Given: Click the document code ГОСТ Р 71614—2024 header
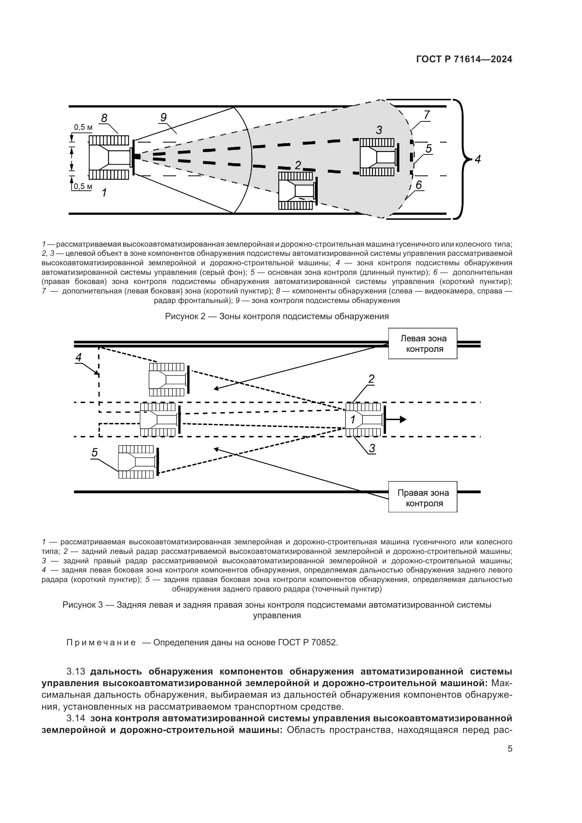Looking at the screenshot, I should [464, 59].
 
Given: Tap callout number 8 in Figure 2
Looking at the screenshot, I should [104, 118].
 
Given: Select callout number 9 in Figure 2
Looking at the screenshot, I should [163, 117].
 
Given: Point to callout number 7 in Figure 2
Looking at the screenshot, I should [426, 115].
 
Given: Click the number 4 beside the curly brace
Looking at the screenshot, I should [477, 159].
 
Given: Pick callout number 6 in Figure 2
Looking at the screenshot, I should [419, 185].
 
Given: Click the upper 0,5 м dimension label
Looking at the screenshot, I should [83, 127].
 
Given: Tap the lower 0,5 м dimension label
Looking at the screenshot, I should [83, 186].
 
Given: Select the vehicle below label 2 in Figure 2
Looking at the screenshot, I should [297, 190].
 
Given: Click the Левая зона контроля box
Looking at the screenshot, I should [423, 343].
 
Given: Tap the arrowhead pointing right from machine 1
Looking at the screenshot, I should [403, 419].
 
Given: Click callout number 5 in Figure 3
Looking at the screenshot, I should [94, 453].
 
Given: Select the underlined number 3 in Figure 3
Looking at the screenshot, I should [372, 448].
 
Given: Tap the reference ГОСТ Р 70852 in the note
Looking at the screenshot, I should [307, 642].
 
